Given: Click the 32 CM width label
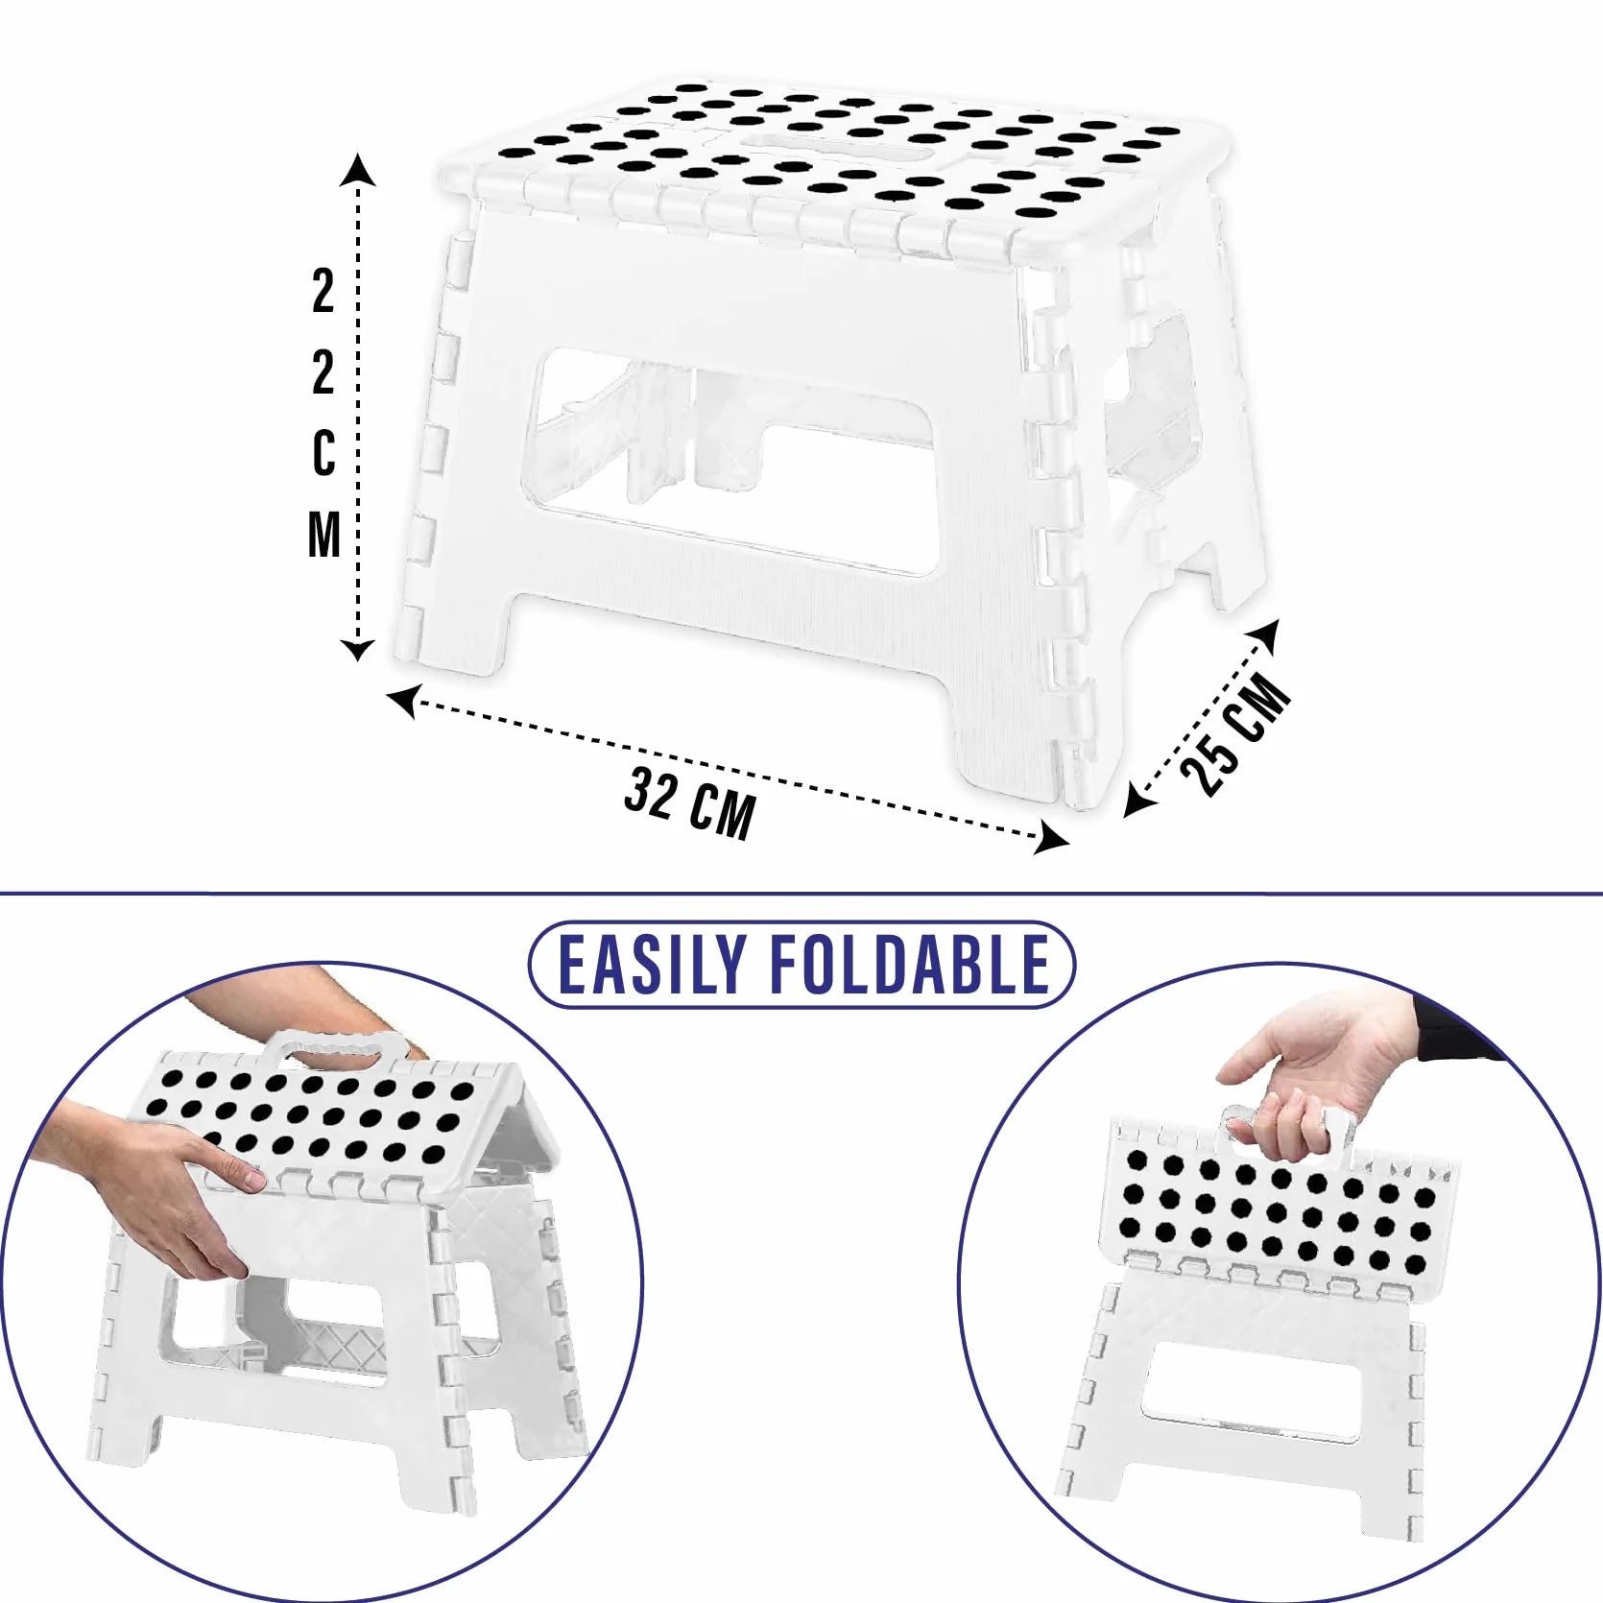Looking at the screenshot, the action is (x=689, y=804).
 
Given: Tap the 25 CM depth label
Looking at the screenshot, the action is (x=1235, y=734).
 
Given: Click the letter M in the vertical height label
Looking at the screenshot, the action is (x=324, y=535).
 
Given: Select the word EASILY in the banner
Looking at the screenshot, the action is (x=652, y=965).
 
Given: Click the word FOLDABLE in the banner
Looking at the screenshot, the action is (x=911, y=965).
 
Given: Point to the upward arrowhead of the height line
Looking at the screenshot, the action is (x=358, y=169).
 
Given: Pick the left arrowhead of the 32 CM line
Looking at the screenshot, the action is (x=402, y=700).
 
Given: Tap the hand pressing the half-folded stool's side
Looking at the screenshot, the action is (x=163, y=1186).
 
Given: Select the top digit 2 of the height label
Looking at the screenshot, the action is (x=323, y=291).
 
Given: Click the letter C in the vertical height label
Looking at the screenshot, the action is (x=324, y=452).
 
